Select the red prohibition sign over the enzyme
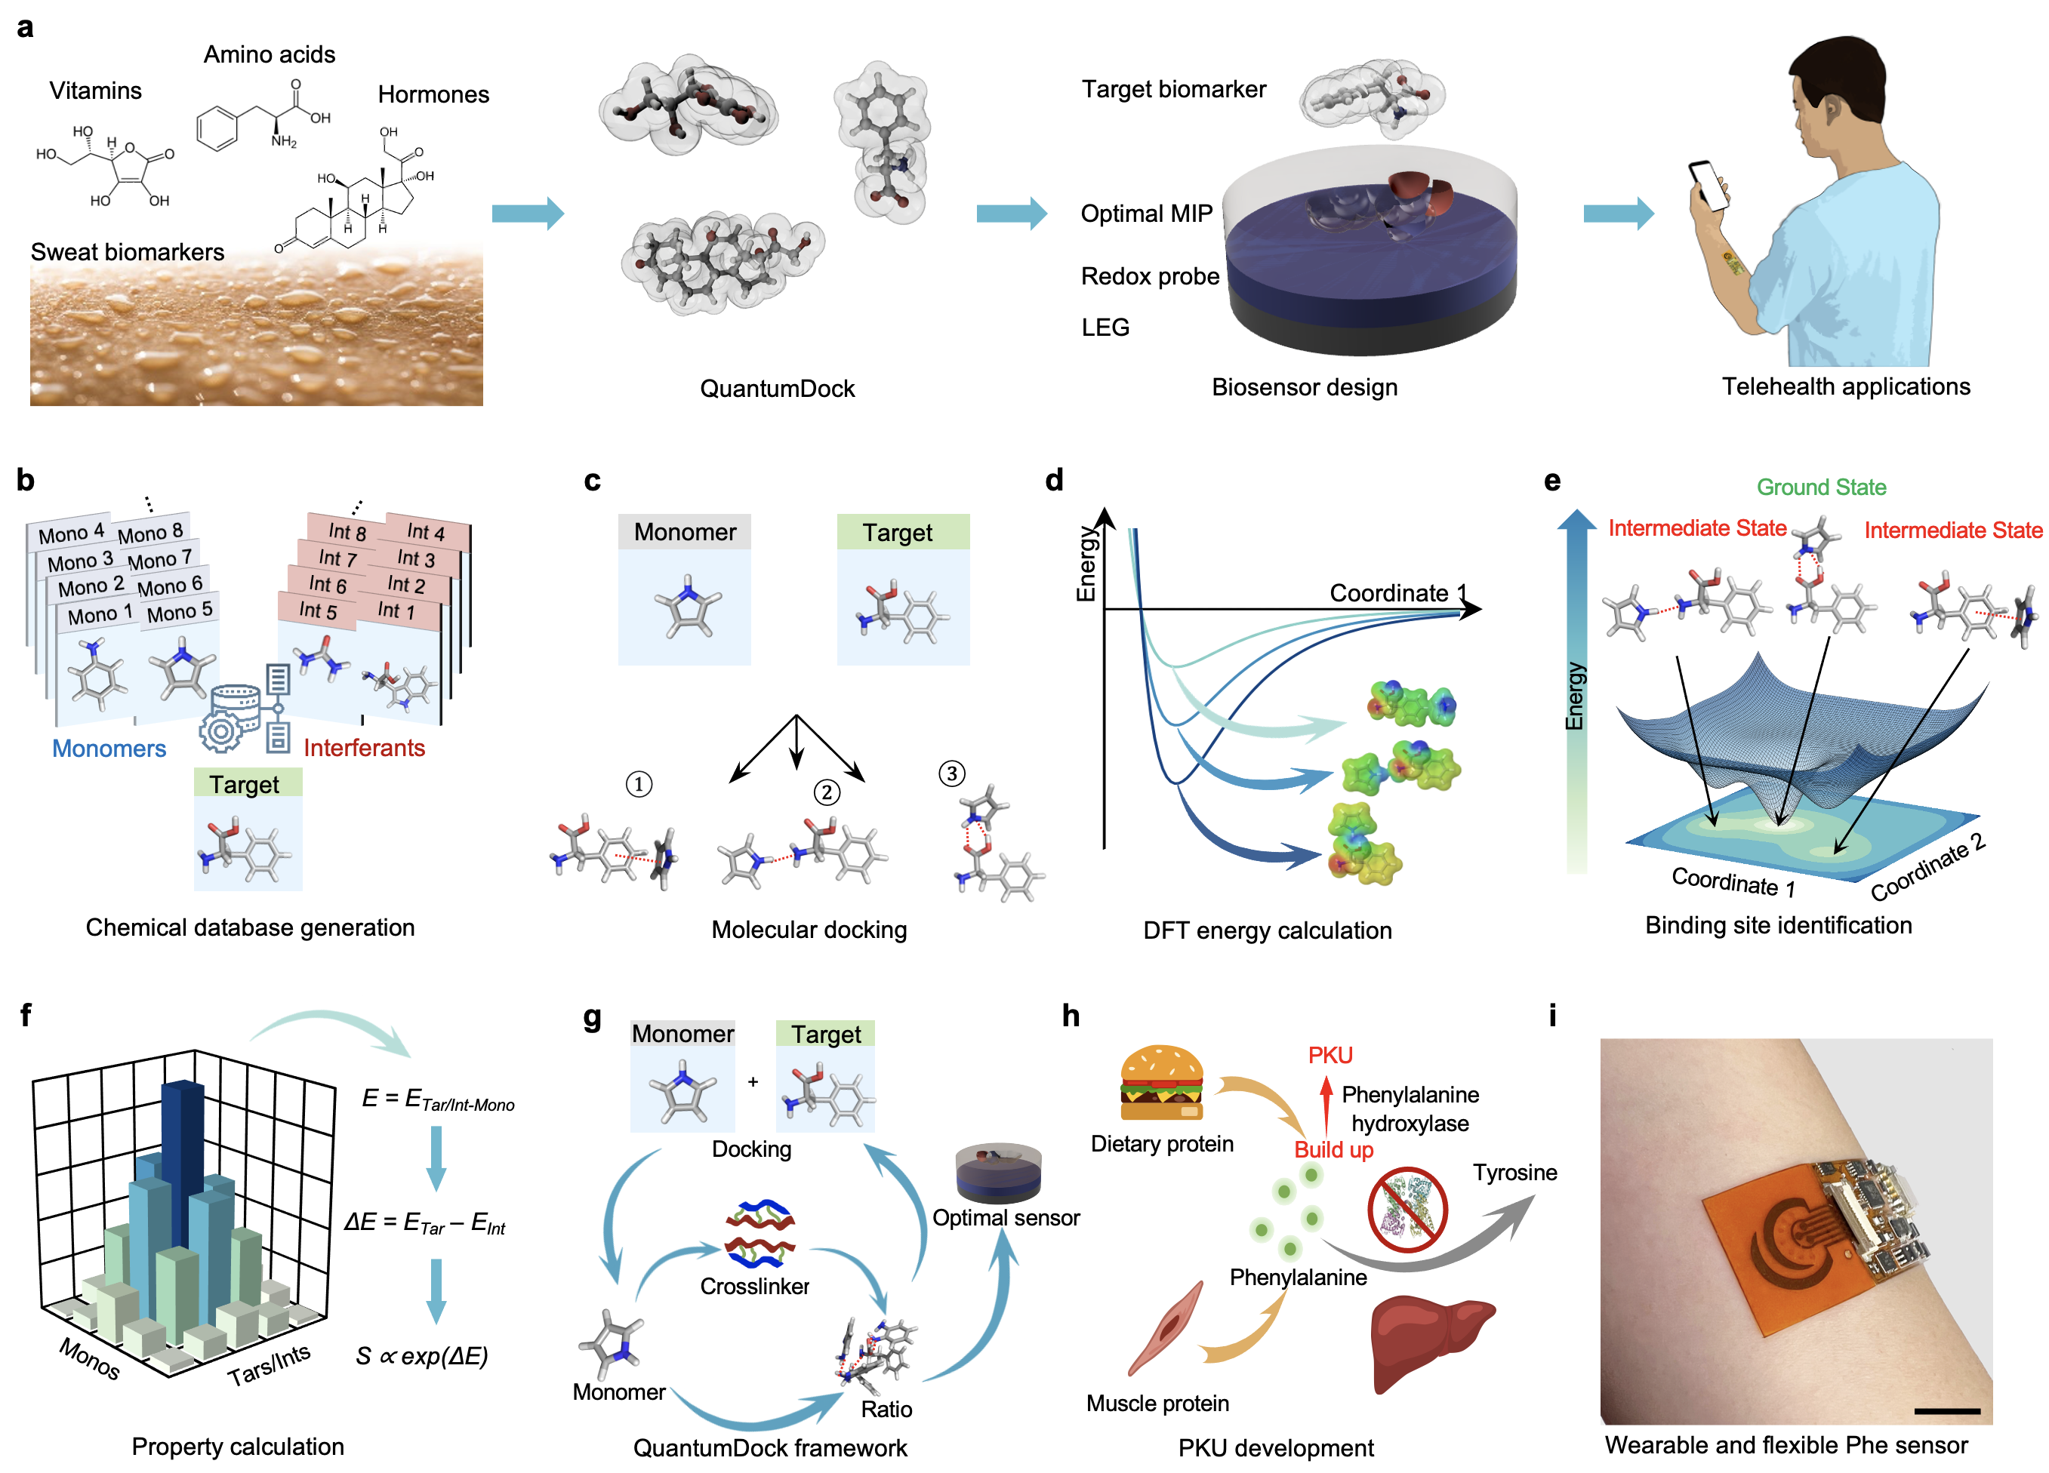pyautogui.click(x=1407, y=1211)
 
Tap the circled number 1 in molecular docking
pyautogui.click(x=639, y=784)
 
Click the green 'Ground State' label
pyautogui.click(x=1820, y=487)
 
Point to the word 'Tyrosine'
pyautogui.click(x=1514, y=1172)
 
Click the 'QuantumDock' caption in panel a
pyautogui.click(x=777, y=389)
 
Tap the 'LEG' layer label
pyautogui.click(x=1105, y=327)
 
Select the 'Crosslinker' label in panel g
pyautogui.click(x=754, y=1286)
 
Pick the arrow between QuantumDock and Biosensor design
pyautogui.click(x=1011, y=214)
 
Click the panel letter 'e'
pyautogui.click(x=1552, y=481)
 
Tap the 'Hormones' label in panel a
pyautogui.click(x=433, y=95)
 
